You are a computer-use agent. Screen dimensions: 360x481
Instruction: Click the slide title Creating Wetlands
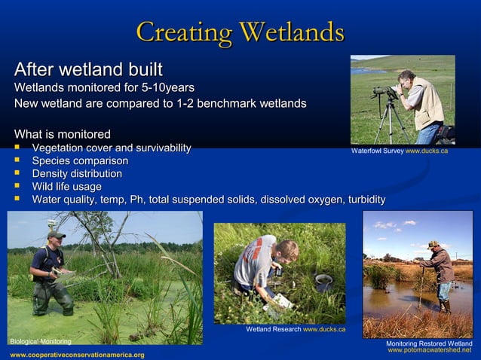pos(240,32)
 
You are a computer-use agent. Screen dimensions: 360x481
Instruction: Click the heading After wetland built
pos(88,71)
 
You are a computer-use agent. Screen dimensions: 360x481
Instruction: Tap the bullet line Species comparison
pos(79,160)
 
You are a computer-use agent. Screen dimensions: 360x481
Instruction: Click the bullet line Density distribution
pos(76,173)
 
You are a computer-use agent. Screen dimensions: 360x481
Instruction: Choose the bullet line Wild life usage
pos(66,186)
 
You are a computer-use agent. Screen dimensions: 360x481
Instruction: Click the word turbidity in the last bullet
pos(358,200)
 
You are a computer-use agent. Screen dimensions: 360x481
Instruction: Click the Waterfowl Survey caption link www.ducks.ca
pos(427,151)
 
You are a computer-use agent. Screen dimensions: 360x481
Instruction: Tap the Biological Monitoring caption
pos(40,341)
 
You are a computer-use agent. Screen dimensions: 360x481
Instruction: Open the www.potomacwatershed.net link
pos(429,350)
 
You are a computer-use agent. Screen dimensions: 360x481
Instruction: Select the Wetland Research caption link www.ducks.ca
pos(324,329)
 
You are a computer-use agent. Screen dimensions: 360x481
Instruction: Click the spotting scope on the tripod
pos(385,91)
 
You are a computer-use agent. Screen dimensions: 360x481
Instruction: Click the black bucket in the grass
pos(323,282)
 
